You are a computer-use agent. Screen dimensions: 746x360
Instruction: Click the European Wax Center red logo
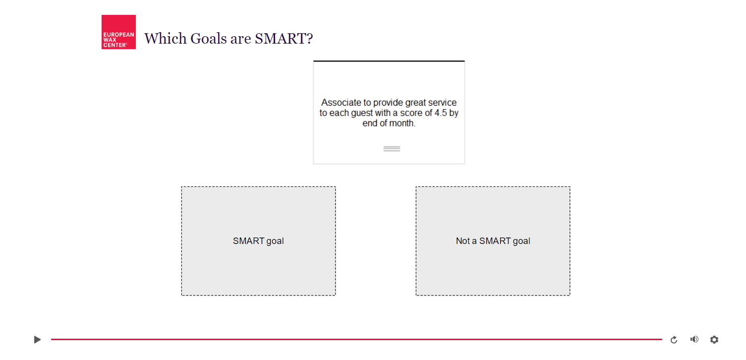[x=118, y=32]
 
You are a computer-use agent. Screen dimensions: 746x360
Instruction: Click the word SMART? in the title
[x=284, y=38]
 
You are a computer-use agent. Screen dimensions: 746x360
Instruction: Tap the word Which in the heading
[x=165, y=38]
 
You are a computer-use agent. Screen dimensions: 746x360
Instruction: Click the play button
[x=37, y=340]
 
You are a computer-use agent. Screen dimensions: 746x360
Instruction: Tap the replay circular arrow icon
[x=674, y=340]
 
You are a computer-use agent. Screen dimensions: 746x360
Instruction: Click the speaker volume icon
[x=694, y=339]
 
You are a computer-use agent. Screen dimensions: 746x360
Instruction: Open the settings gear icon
[x=714, y=340]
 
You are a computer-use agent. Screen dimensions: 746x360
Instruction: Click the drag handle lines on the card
[x=392, y=149]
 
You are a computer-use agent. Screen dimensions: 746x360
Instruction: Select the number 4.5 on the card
[x=441, y=113]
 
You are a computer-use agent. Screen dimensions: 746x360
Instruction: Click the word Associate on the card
[x=342, y=103]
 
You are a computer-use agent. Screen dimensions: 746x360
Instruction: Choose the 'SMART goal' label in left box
[x=258, y=241]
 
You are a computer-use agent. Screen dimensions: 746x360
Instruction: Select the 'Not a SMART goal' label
[x=493, y=241]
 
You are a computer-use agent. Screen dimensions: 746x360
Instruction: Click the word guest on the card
[x=361, y=114]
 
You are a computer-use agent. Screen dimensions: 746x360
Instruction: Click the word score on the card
[x=411, y=113]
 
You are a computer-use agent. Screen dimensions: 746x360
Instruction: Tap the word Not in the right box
[x=463, y=241]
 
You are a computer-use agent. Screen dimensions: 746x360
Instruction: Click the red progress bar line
[x=356, y=339]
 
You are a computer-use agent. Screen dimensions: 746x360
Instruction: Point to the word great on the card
[x=414, y=103]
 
